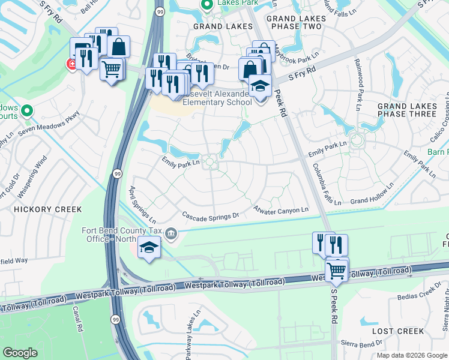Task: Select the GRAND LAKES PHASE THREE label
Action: (x=406, y=110)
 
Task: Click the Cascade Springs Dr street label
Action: (x=211, y=215)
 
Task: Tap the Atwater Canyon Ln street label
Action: (x=281, y=209)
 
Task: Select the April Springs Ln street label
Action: (x=142, y=202)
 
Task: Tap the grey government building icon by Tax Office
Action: (x=172, y=233)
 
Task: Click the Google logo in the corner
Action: (x=20, y=353)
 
